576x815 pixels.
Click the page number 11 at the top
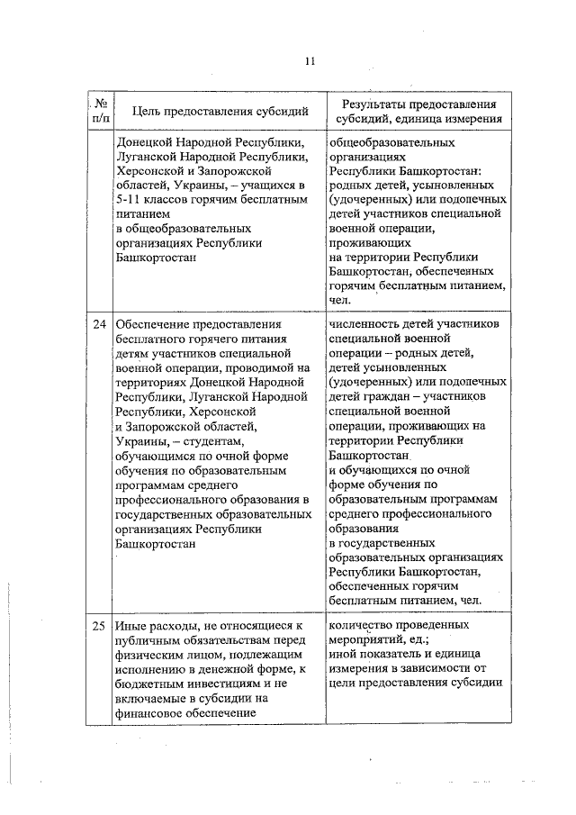click(310, 61)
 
